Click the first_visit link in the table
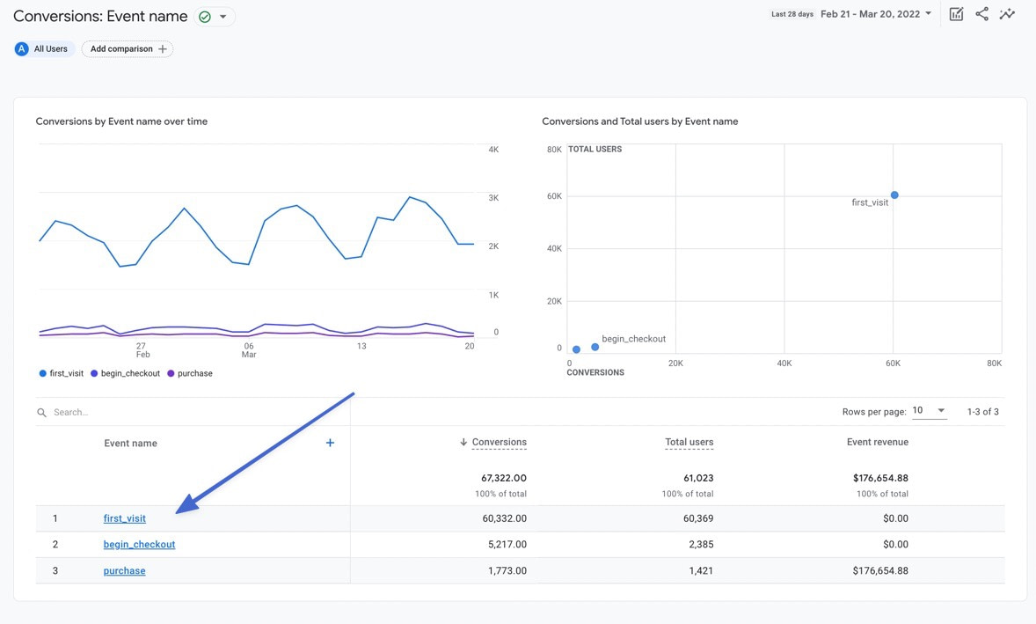coord(125,518)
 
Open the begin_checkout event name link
coord(139,545)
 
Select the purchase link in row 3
coord(124,571)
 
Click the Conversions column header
coord(499,442)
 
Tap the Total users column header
coord(689,442)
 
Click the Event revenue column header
coord(877,442)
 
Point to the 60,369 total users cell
coord(698,518)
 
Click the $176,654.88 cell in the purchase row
coord(880,571)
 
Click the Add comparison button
coord(128,49)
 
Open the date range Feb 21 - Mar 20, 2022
coord(875,14)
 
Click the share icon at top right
coord(981,14)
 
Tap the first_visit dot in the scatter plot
coord(894,195)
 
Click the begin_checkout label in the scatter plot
coord(633,339)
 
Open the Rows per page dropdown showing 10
coord(929,411)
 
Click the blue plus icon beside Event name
coord(330,443)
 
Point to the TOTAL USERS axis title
coord(595,150)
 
